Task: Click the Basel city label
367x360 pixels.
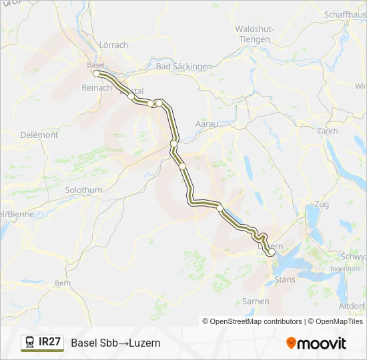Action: pyautogui.click(x=95, y=65)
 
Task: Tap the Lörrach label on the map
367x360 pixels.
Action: pyautogui.click(x=113, y=45)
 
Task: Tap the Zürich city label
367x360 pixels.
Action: pyautogui.click(x=328, y=131)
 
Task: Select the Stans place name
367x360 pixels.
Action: pyautogui.click(x=284, y=279)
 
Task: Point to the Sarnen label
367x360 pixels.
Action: pyautogui.click(x=256, y=301)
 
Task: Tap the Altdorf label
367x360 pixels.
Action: pyautogui.click(x=352, y=306)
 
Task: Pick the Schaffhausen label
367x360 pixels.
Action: pyautogui.click(x=344, y=14)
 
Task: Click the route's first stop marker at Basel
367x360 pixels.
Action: pyautogui.click(x=97, y=73)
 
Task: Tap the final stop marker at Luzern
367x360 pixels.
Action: pyautogui.click(x=271, y=253)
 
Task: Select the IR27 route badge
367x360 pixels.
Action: pyautogui.click(x=43, y=343)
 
